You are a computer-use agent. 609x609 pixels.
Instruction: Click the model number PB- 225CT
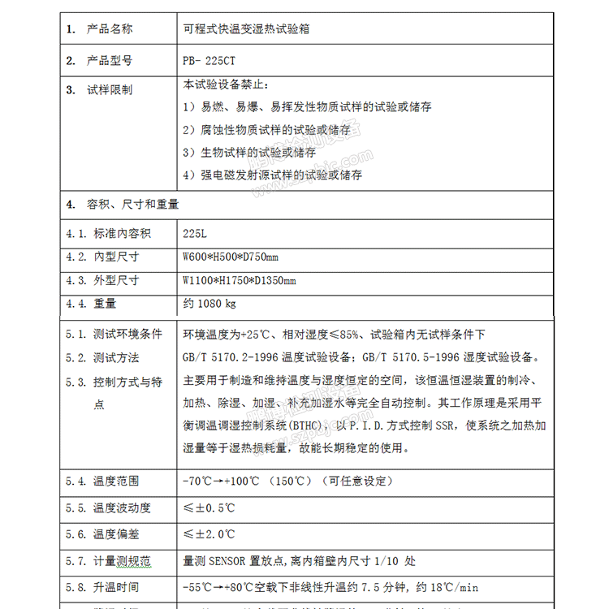pyautogui.click(x=209, y=60)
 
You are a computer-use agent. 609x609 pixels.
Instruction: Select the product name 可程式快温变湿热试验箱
pyautogui.click(x=245, y=29)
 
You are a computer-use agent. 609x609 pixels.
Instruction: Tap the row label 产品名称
pyautogui.click(x=110, y=29)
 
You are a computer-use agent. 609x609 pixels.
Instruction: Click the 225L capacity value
pyautogui.click(x=195, y=234)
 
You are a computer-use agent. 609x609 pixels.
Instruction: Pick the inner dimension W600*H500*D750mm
pyautogui.click(x=231, y=257)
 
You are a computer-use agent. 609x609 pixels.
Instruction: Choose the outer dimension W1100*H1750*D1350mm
pyautogui.click(x=240, y=281)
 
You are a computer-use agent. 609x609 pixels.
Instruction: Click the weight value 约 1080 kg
pyautogui.click(x=209, y=304)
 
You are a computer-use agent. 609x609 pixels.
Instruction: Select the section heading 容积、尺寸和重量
pyautogui.click(x=133, y=204)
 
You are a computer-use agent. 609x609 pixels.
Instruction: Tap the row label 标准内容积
pyautogui.click(x=122, y=234)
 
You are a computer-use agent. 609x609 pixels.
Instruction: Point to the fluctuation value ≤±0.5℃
pyautogui.click(x=209, y=508)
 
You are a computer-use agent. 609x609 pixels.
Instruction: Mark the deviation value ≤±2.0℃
pyautogui.click(x=209, y=534)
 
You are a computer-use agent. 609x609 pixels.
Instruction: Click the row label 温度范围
pyautogui.click(x=116, y=481)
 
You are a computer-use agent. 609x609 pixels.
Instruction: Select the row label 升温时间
pyautogui.click(x=116, y=587)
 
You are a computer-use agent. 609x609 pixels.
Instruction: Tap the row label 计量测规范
pyautogui.click(x=122, y=561)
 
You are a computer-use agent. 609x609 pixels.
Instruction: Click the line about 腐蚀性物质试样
pyautogui.click(x=266, y=130)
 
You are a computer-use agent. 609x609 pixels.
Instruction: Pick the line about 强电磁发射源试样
pyautogui.click(x=272, y=175)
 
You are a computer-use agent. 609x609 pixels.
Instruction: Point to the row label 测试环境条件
pyautogui.click(x=127, y=334)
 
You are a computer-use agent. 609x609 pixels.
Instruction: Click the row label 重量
pyautogui.click(x=105, y=304)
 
